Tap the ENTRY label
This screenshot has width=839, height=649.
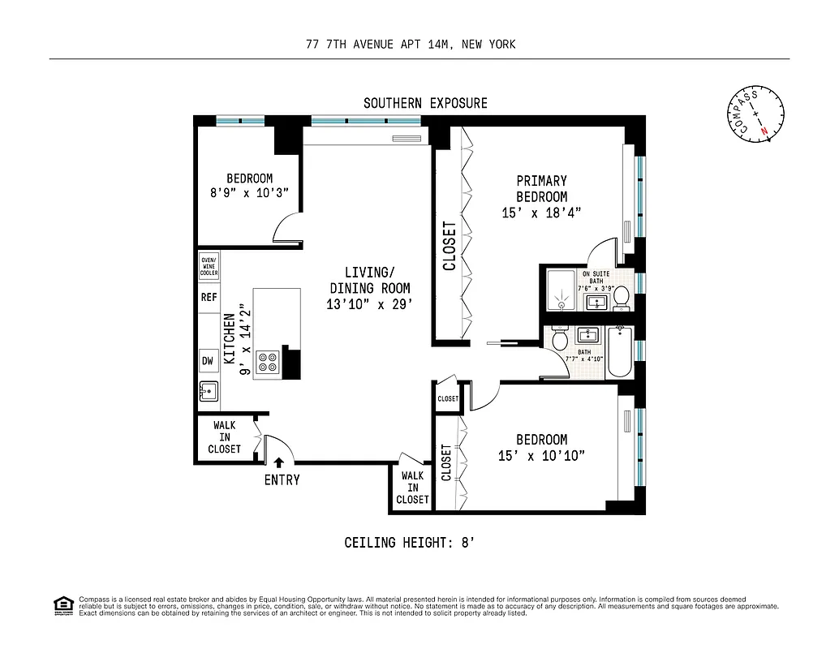click(x=282, y=479)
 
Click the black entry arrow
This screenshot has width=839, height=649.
click(x=278, y=462)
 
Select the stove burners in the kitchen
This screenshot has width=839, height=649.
click(x=268, y=362)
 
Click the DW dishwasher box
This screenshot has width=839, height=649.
click(x=207, y=359)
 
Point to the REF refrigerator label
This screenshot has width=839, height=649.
click(x=209, y=298)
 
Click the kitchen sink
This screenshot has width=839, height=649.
click(x=209, y=392)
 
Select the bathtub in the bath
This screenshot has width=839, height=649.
click(x=619, y=352)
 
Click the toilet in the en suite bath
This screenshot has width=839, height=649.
click(x=622, y=297)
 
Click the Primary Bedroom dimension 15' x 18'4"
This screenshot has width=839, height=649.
click(x=542, y=213)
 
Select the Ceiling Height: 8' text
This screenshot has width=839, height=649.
click(x=409, y=543)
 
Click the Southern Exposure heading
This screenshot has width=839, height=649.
click(x=425, y=103)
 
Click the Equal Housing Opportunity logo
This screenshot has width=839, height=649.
click(x=62, y=604)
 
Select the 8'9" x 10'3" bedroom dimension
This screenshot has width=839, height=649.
click(x=249, y=193)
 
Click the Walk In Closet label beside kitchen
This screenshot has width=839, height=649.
click(x=224, y=437)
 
